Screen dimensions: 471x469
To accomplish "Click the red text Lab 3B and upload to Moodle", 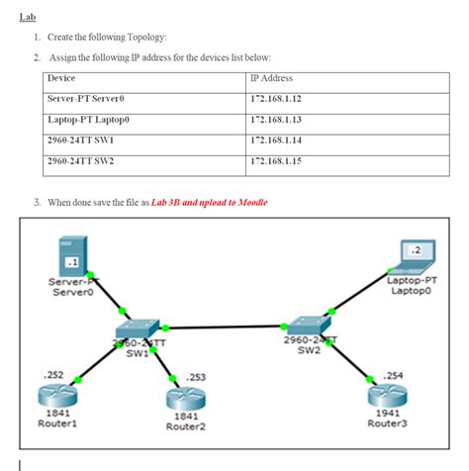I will [209, 202].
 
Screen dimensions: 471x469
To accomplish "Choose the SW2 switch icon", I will [302, 326].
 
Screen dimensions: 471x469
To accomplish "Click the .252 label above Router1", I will [53, 375].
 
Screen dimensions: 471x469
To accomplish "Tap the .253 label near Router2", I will [196, 377].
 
